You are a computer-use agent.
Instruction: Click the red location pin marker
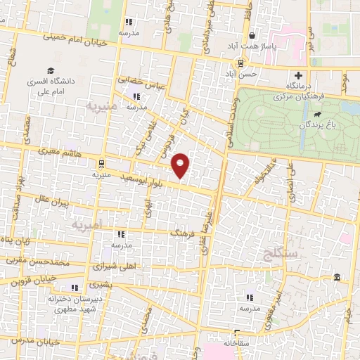point(181,165)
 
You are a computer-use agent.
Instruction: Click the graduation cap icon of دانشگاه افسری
point(50,70)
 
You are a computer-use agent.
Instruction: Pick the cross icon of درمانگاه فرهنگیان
point(299,76)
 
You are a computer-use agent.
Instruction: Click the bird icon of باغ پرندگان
point(319,114)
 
